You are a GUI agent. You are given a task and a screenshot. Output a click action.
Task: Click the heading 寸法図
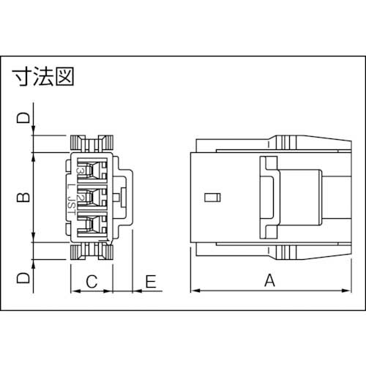click(x=45, y=76)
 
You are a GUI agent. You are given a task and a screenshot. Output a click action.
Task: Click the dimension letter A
click(x=269, y=280)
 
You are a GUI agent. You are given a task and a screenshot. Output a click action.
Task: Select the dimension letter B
click(x=23, y=197)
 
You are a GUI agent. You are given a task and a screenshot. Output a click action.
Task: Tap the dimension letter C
click(x=91, y=280)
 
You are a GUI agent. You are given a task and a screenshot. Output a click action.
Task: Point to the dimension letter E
click(x=152, y=280)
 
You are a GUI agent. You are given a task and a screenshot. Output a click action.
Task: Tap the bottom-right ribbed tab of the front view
click(x=104, y=252)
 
